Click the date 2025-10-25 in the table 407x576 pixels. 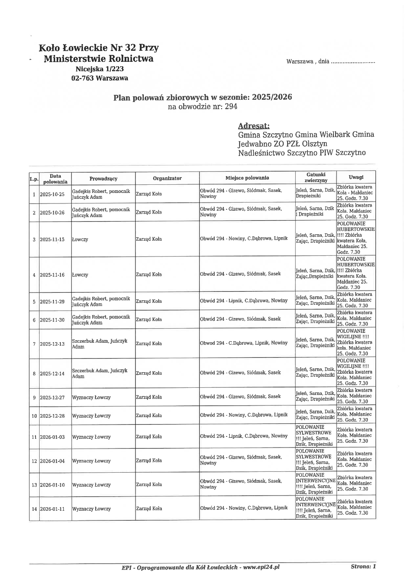point(52,194)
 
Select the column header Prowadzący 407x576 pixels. point(103,179)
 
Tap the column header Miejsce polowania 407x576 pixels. point(247,178)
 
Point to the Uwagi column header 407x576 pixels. point(356,177)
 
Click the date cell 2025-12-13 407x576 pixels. point(52,344)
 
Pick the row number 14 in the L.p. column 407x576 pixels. point(34,509)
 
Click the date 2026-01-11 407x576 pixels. point(52,509)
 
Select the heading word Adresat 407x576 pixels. point(254,126)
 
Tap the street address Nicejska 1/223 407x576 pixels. point(99,69)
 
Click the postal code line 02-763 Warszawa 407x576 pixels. point(99,78)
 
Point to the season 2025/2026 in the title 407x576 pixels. point(272,97)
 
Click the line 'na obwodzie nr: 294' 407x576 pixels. point(202,107)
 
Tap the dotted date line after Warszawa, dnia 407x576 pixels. point(353,62)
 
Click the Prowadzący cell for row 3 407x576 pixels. point(80,239)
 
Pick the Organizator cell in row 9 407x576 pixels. point(149,397)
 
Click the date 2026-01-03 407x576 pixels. point(52,437)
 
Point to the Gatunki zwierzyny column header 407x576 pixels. point(316,177)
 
